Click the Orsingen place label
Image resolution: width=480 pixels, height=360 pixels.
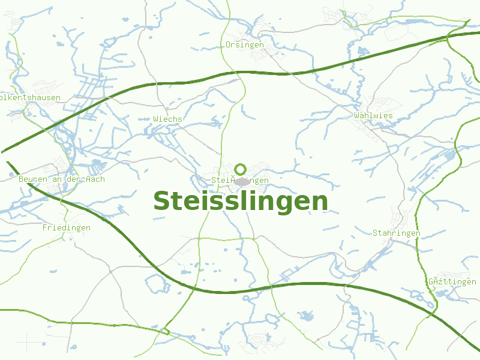coord(245,45)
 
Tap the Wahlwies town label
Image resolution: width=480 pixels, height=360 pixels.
coord(373,115)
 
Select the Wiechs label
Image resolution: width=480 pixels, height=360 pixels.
coord(167,119)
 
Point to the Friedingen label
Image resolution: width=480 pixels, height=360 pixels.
coord(67,228)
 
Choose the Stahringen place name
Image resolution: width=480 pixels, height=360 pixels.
coord(397,233)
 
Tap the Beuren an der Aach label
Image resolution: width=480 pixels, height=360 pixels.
coord(62,179)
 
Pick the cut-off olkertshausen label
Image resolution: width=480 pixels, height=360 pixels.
coord(31,97)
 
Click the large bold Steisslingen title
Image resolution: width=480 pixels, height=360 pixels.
coord(241,202)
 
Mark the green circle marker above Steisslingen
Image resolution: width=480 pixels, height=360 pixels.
coord(241,169)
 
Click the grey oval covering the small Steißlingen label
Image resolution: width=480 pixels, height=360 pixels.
coord(242,181)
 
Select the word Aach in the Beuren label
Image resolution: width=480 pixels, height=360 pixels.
coord(95,179)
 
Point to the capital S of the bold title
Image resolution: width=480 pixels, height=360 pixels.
coord(161,202)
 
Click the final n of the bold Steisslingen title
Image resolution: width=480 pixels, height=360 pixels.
coord(320,203)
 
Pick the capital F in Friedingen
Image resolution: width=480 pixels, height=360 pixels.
coord(45,228)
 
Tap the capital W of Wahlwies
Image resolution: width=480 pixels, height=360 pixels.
coord(357,115)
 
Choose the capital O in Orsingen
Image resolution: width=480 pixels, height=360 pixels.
coord(228,45)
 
